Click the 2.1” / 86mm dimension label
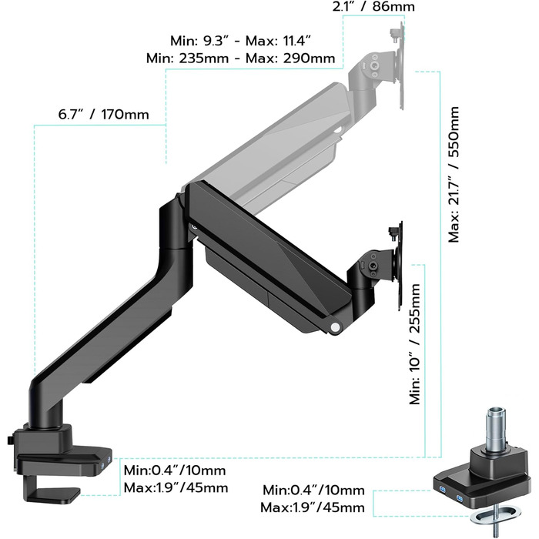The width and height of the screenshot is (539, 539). (x=373, y=6)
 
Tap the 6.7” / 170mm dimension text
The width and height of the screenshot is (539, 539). (x=103, y=115)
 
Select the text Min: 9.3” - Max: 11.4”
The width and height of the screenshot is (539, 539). (x=240, y=41)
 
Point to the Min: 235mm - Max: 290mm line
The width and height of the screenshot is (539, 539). (x=240, y=58)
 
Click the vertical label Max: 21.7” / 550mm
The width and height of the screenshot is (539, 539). (x=454, y=175)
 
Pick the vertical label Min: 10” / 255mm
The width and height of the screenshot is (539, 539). (x=415, y=344)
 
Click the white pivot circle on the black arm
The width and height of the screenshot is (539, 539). (x=334, y=327)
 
